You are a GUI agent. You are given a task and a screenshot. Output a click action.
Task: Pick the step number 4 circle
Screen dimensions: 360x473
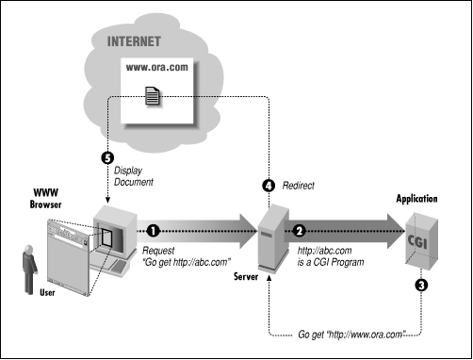tap(269, 186)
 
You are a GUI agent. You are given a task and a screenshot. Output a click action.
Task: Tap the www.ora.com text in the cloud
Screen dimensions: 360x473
tap(152, 70)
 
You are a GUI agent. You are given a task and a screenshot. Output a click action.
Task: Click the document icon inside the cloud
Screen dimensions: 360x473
tap(152, 94)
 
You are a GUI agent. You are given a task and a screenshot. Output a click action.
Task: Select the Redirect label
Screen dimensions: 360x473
tap(302, 187)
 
